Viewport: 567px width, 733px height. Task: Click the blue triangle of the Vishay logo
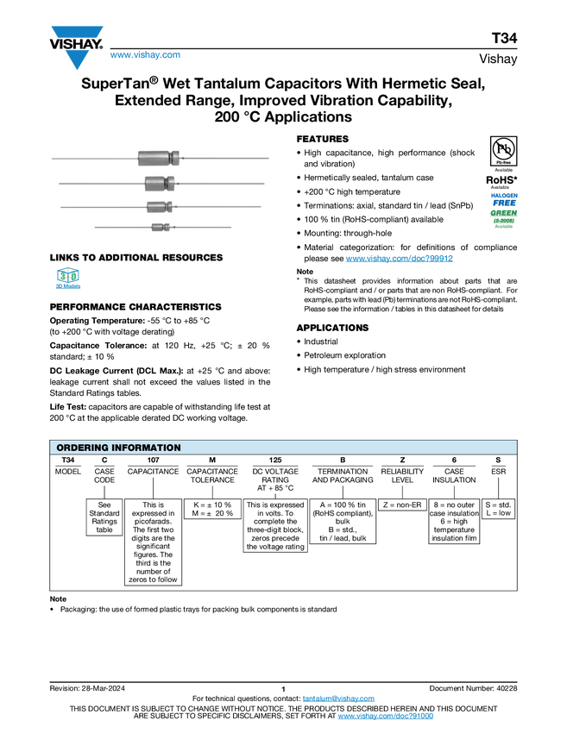[77, 60]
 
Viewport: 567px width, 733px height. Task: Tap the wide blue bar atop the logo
[77, 33]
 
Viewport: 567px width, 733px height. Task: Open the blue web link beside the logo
[145, 55]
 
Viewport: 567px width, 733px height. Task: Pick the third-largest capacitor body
[158, 207]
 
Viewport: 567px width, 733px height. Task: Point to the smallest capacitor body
[158, 227]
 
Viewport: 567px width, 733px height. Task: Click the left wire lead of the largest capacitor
[95, 159]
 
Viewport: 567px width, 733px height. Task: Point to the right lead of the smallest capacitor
[203, 228]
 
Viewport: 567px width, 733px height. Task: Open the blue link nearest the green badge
[400, 259]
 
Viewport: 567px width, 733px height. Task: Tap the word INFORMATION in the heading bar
[150, 448]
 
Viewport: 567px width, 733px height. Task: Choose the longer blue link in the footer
[385, 717]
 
